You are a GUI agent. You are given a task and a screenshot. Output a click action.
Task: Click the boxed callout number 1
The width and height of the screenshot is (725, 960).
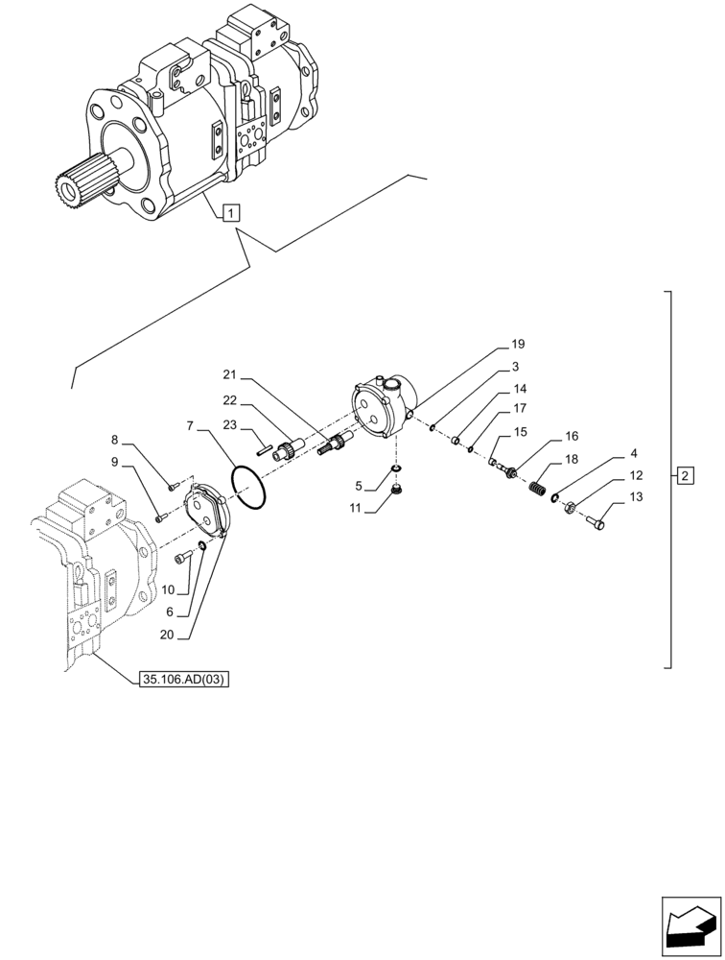232,212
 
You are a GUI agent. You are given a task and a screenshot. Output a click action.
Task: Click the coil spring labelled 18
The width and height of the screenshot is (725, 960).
544,489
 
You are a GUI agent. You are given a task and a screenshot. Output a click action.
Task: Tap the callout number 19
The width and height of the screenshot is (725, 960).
518,344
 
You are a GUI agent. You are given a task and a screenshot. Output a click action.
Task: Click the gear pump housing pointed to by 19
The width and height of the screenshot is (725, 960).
384,407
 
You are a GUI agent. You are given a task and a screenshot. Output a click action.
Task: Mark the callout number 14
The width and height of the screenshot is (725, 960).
519,389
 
